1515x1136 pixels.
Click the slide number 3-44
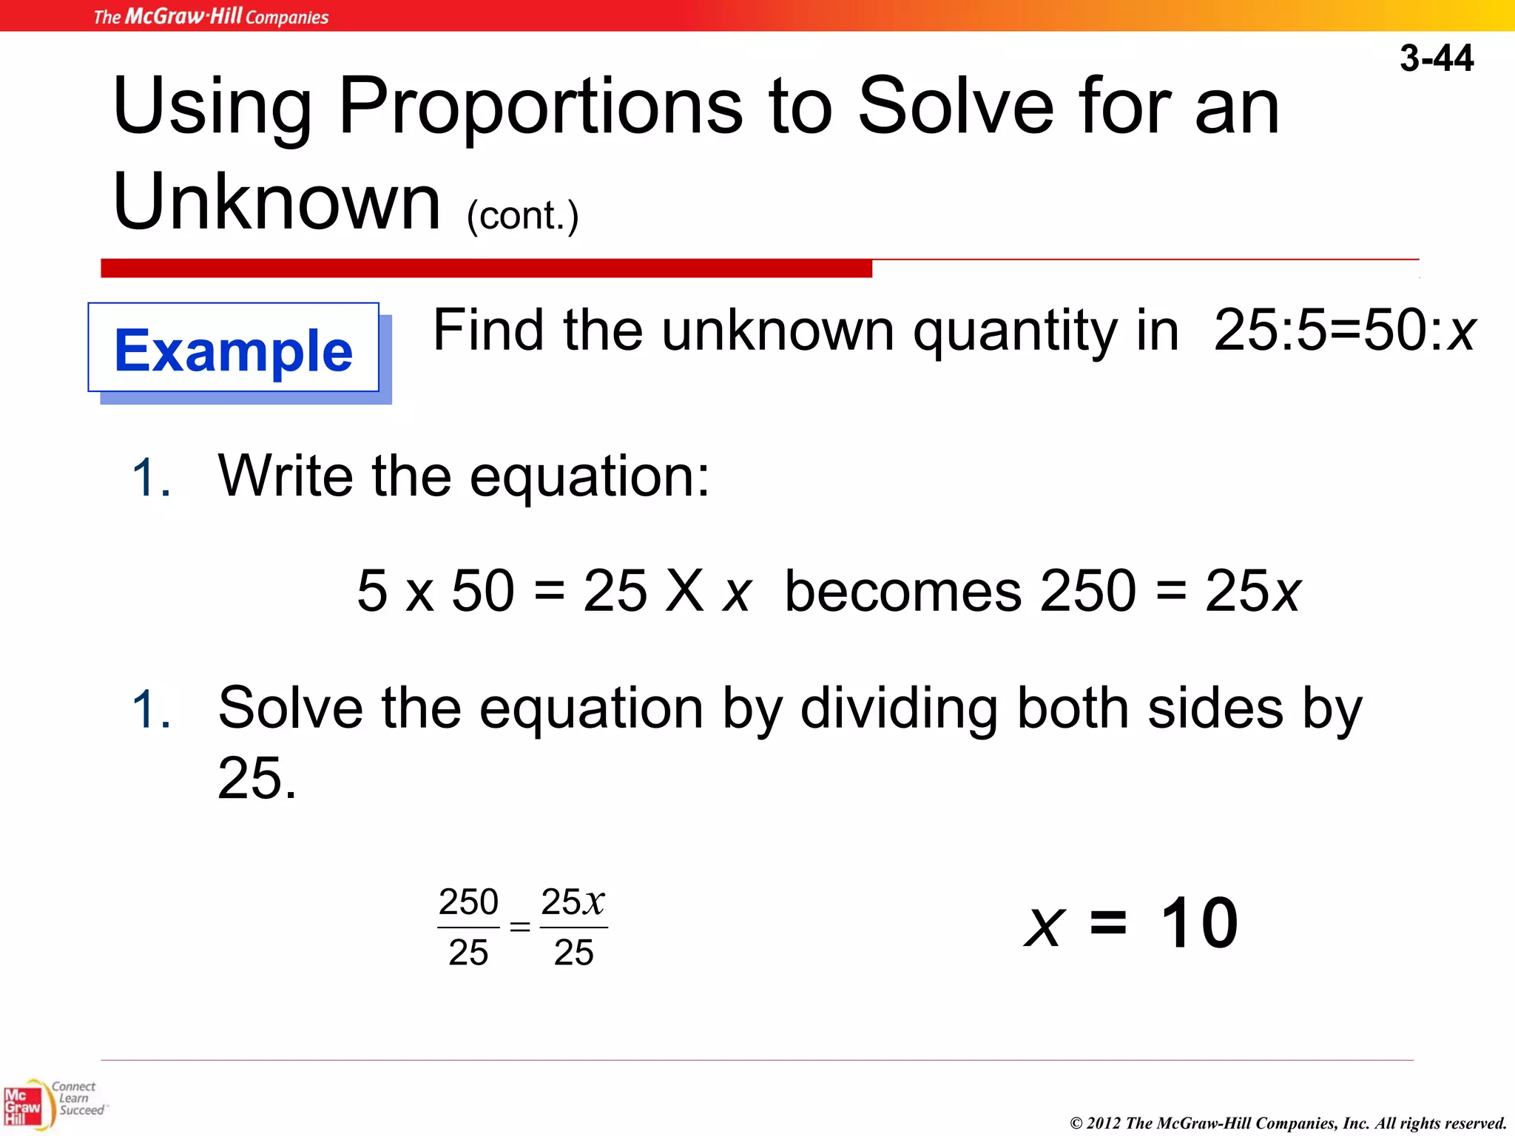[1436, 58]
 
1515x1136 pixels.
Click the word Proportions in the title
[540, 107]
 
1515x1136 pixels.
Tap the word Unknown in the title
[277, 202]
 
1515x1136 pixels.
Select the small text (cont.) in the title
[522, 216]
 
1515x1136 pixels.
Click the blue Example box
[234, 349]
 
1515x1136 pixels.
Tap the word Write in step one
[286, 476]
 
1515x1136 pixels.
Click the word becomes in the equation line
[902, 591]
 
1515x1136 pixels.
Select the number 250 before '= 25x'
[1087, 591]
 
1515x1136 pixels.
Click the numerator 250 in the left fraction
[468, 902]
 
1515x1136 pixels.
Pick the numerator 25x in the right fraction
[573, 902]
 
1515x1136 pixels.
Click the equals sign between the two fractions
[520, 927]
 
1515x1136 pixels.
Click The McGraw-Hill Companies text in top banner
[211, 16]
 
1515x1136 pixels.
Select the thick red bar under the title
[486, 268]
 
